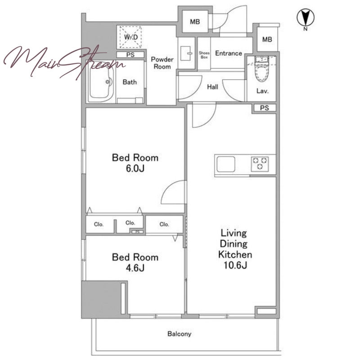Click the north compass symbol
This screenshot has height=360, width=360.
tap(306, 18)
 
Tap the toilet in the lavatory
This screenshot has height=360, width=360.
tap(262, 68)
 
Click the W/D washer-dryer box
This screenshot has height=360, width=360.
tap(130, 37)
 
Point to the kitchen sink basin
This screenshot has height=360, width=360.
tap(226, 164)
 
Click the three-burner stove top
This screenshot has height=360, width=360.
tap(260, 164)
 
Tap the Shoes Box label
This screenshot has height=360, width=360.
tap(204, 55)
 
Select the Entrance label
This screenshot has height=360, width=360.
tap(229, 53)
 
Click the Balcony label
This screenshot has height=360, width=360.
tap(179, 333)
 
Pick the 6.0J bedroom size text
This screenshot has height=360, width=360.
tap(135, 168)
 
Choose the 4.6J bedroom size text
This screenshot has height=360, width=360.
tap(135, 268)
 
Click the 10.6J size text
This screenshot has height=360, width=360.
tap(235, 265)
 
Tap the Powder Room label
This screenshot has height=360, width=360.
tap(162, 63)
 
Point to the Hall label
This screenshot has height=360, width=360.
tap(212, 87)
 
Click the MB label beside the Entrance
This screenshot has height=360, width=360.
tap(267, 40)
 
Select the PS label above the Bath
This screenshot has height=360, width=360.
tap(130, 54)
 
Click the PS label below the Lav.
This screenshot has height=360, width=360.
tap(265, 108)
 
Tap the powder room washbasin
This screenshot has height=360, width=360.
tap(185, 54)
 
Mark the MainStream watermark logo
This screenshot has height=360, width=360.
tap(64, 62)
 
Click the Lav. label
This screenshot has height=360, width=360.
tap(262, 91)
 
